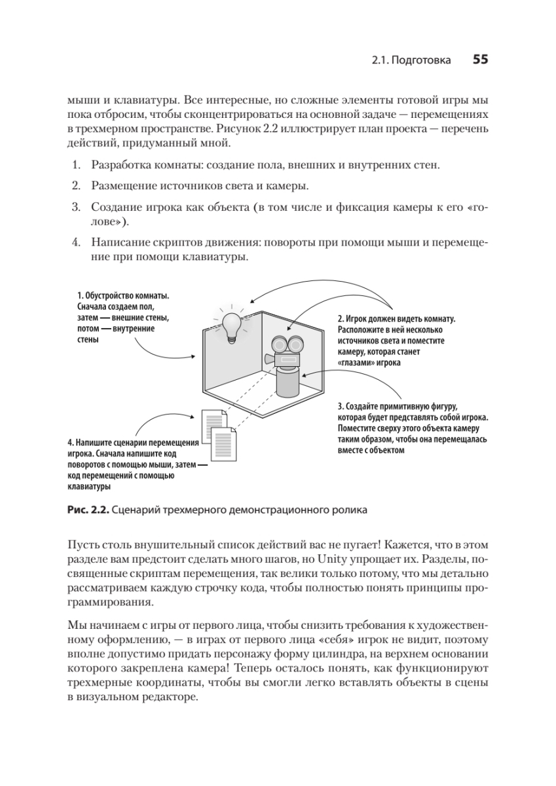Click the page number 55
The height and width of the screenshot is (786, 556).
tap(480, 60)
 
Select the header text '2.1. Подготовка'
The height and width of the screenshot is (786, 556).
tap(411, 61)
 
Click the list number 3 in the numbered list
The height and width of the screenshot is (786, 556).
tap(75, 208)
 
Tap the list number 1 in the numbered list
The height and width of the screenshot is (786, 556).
tap(75, 164)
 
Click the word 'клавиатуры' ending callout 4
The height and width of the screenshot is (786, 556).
tap(88, 486)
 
